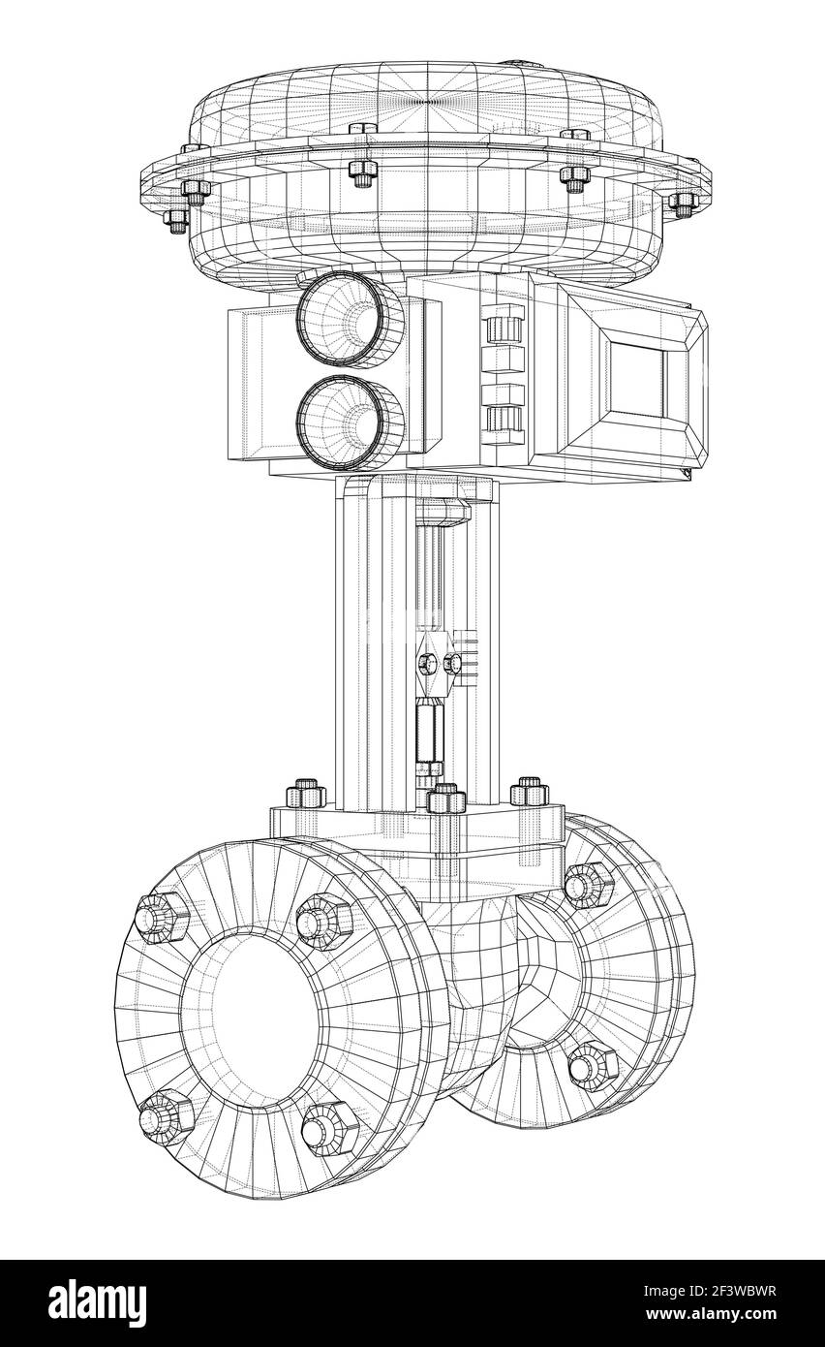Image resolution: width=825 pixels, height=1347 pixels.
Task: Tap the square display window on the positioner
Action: click(x=637, y=379)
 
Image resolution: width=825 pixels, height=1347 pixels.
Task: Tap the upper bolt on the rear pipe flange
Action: click(x=587, y=884)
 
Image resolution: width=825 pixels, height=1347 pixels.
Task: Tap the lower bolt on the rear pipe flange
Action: click(x=591, y=1066)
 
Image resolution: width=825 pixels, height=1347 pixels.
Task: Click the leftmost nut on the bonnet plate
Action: click(x=306, y=794)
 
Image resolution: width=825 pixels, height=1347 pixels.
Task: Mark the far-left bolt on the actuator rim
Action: click(x=176, y=218)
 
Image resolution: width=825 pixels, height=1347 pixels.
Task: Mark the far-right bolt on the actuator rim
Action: click(x=684, y=203)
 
